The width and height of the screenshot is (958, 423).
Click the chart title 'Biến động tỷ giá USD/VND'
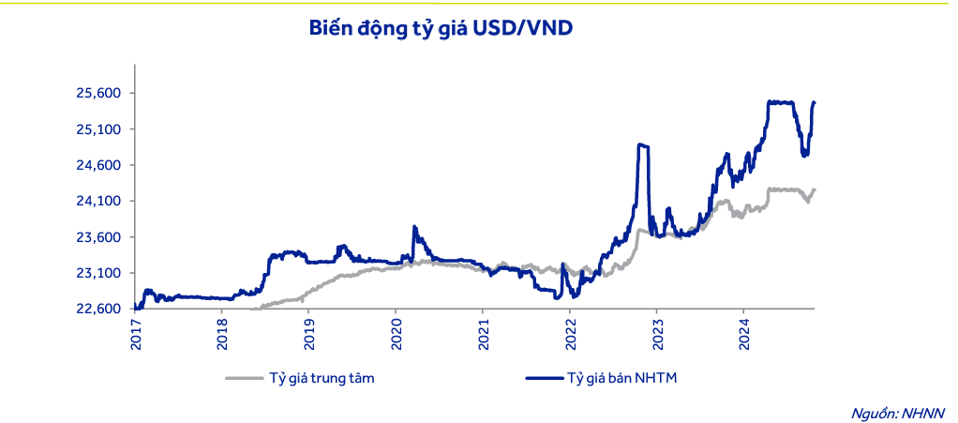pyautogui.click(x=441, y=29)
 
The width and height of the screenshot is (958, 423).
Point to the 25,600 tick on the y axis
pyautogui.click(x=97, y=93)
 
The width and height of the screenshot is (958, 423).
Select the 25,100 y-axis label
pyautogui.click(x=97, y=129)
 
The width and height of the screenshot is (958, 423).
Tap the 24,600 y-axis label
pyautogui.click(x=97, y=165)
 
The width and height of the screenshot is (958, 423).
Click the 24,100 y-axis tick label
pyautogui.click(x=97, y=202)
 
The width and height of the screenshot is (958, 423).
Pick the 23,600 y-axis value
pyautogui.click(x=97, y=237)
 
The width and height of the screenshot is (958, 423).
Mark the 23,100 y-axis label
pyautogui.click(x=97, y=273)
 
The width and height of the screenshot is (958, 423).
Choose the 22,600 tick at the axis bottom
pyautogui.click(x=97, y=309)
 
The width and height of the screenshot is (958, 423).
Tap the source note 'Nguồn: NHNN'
pyautogui.click(x=898, y=412)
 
